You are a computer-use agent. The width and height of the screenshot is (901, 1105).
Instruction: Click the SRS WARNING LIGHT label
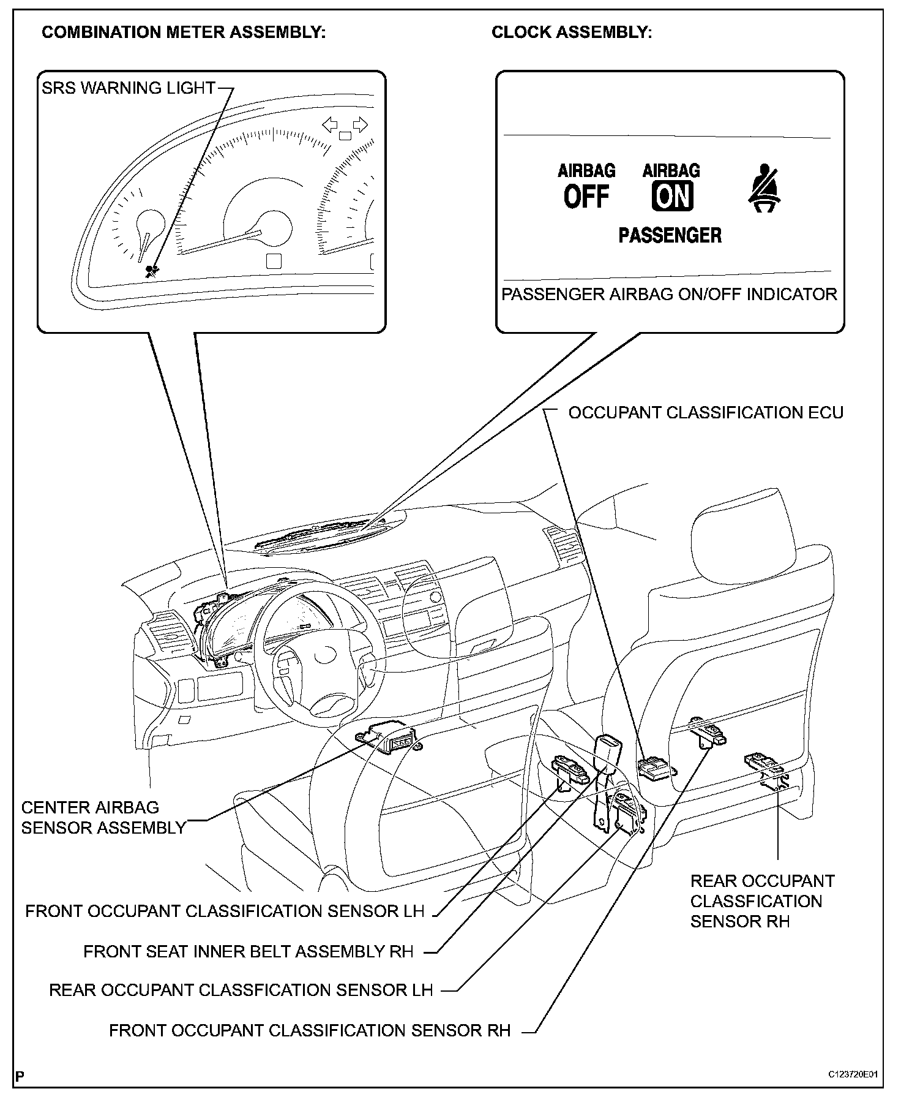129,88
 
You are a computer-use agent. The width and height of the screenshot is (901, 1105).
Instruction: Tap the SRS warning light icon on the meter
151,271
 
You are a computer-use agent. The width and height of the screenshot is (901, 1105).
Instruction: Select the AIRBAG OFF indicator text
586,187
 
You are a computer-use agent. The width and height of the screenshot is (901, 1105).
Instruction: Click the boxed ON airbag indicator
672,197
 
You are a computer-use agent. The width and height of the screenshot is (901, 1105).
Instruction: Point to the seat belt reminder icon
766,188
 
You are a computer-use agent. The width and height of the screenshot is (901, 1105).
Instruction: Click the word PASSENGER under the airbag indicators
670,235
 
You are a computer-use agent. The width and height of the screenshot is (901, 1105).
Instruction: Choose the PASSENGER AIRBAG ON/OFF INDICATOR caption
669,295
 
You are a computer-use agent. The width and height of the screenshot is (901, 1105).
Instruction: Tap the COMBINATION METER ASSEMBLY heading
183,32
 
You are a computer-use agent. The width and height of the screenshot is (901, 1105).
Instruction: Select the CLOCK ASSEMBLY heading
572,32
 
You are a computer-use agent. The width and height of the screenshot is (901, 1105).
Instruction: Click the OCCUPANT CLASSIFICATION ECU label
706,413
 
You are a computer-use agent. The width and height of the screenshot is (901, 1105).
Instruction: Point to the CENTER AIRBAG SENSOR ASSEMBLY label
103,818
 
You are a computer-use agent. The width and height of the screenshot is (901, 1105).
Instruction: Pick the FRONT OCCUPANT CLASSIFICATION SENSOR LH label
225,911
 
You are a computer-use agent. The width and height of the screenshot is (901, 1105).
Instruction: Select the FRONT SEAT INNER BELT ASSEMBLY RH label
249,952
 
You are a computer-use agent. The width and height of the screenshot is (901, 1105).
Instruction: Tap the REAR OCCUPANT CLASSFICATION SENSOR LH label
241,990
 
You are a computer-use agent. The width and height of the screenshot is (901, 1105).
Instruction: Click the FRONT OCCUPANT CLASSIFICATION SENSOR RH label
310,1031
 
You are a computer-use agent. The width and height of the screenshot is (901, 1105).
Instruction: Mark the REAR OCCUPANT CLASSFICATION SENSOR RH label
762,901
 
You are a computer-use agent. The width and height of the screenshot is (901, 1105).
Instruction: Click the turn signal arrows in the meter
345,126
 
